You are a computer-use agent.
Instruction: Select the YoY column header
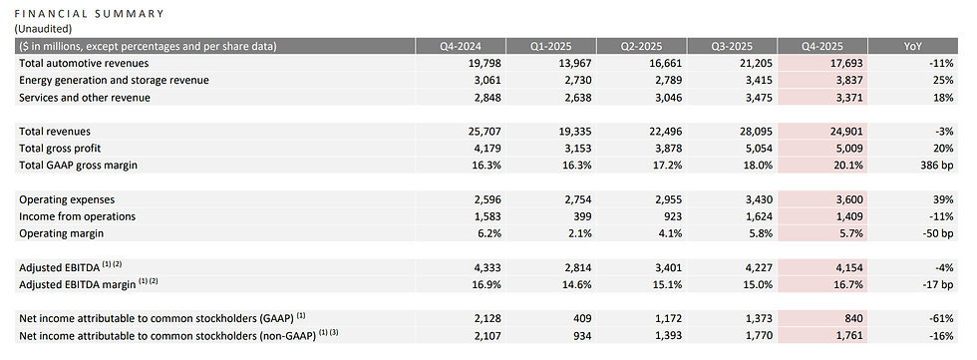[x=913, y=46]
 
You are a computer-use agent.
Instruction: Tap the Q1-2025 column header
[x=550, y=46]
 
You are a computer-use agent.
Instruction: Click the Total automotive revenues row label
[x=84, y=63]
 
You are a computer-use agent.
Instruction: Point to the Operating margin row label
[x=61, y=233]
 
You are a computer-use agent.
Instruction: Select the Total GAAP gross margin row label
[x=79, y=166]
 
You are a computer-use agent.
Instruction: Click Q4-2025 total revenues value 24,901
[x=845, y=132]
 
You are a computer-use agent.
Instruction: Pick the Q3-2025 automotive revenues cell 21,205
[x=756, y=63]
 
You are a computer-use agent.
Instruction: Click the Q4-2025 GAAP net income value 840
[x=854, y=318]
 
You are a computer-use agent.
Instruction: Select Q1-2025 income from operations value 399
[x=582, y=216]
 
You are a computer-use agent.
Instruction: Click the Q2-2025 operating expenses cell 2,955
[x=667, y=199]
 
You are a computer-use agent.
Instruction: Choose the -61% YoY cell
[x=941, y=318]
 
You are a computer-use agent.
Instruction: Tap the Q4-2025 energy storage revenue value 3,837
[x=848, y=80]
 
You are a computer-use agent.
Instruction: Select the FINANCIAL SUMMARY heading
[x=89, y=13]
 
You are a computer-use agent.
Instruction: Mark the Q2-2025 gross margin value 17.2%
[x=668, y=166]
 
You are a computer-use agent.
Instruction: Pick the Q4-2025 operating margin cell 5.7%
[x=851, y=233]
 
